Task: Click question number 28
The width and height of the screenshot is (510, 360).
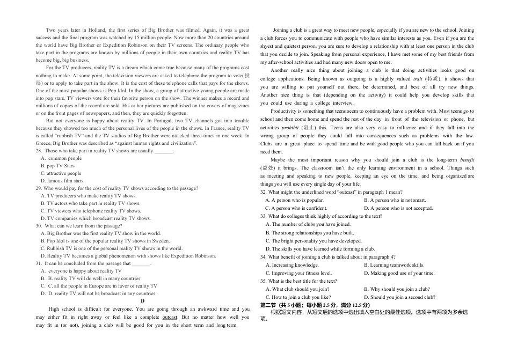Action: (39, 151)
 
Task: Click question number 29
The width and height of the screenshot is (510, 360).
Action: (39, 188)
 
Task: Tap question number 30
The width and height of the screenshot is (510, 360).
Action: (39, 226)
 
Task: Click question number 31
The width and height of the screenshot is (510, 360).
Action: (39, 263)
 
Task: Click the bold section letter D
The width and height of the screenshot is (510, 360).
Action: (142, 302)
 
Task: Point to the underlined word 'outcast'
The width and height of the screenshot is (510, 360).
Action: (170, 317)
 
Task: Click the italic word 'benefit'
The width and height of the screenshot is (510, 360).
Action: (467, 160)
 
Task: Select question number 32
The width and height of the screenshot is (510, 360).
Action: (264, 192)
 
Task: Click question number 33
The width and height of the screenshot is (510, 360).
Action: (264, 216)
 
